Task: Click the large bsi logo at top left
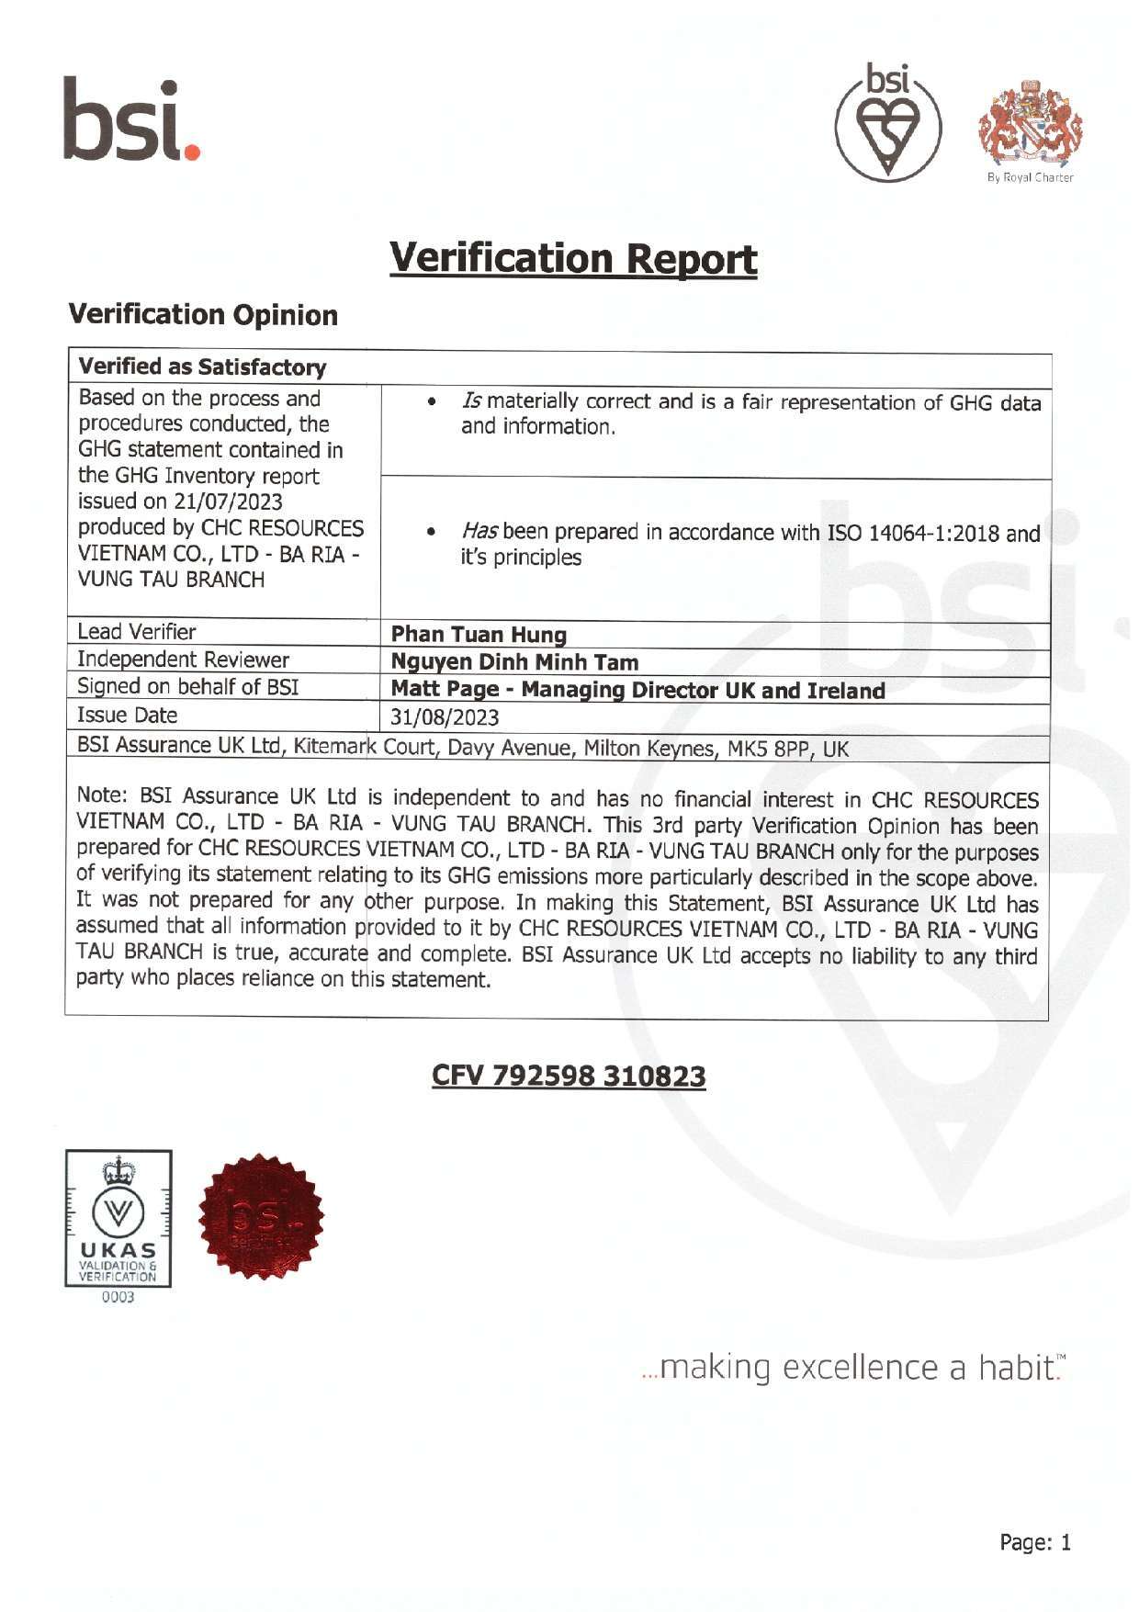[x=131, y=120]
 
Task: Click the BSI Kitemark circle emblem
[x=887, y=123]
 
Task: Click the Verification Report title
[x=573, y=258]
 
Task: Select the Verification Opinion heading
[x=204, y=315]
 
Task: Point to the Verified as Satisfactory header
[x=202, y=367]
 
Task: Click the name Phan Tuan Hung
[x=479, y=634]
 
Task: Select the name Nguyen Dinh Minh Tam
[x=514, y=661]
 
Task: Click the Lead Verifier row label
[x=137, y=632]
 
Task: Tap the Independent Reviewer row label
[x=183, y=659]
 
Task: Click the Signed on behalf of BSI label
[x=187, y=687]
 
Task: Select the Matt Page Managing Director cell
[x=637, y=690]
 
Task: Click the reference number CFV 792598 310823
[x=569, y=1076]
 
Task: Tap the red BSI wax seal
[x=261, y=1217]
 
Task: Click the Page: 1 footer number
[x=1035, y=1542]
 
